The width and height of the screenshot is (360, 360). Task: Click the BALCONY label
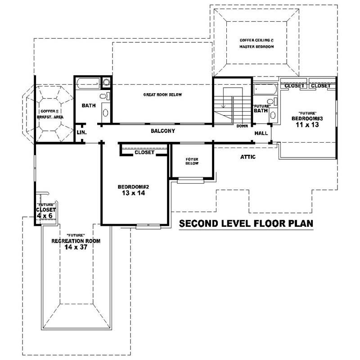162,131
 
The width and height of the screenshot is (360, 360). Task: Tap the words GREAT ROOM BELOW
162,94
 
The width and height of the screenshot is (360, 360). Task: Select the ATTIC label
247,157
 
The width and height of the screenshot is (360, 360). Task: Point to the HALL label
261,133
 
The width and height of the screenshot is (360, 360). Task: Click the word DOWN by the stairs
242,126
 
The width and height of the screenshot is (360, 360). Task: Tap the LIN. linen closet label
81,132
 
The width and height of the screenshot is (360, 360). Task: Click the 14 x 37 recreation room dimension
76,247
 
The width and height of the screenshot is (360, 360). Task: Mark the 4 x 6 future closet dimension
45,215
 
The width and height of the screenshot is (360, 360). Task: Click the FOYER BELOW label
192,162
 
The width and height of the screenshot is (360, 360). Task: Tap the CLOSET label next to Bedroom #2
144,153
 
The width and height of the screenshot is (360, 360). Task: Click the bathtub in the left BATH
88,83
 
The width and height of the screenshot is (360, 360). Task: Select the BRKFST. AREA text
50,117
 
